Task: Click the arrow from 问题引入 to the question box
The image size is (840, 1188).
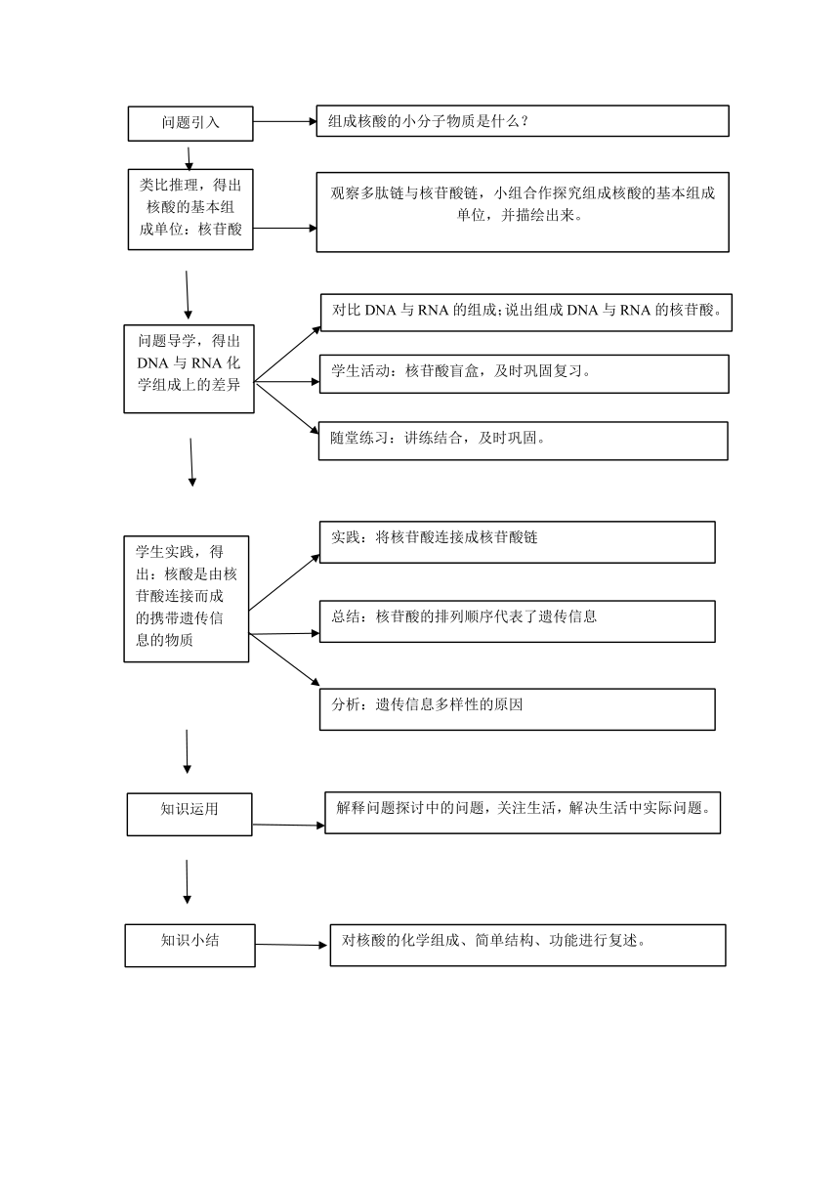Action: coord(285,121)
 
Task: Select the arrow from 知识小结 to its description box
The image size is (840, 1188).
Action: coord(291,945)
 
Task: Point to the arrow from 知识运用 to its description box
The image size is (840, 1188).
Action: coord(288,826)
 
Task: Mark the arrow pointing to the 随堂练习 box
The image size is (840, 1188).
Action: coord(286,407)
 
